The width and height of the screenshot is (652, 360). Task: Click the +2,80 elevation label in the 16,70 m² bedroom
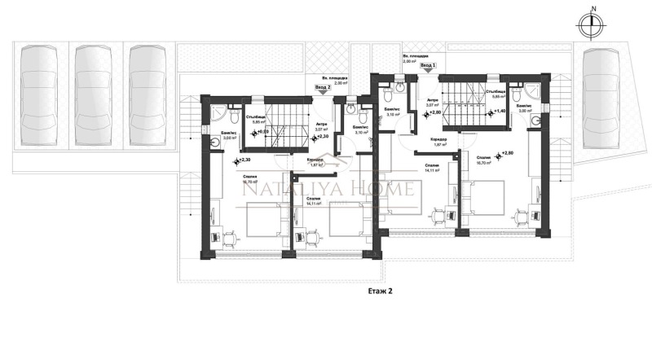tap(508, 154)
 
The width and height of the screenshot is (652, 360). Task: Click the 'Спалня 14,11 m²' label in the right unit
tap(433, 169)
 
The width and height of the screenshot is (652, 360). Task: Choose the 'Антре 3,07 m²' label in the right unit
tap(433, 103)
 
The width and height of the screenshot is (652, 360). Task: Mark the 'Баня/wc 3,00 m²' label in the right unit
tap(524, 109)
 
